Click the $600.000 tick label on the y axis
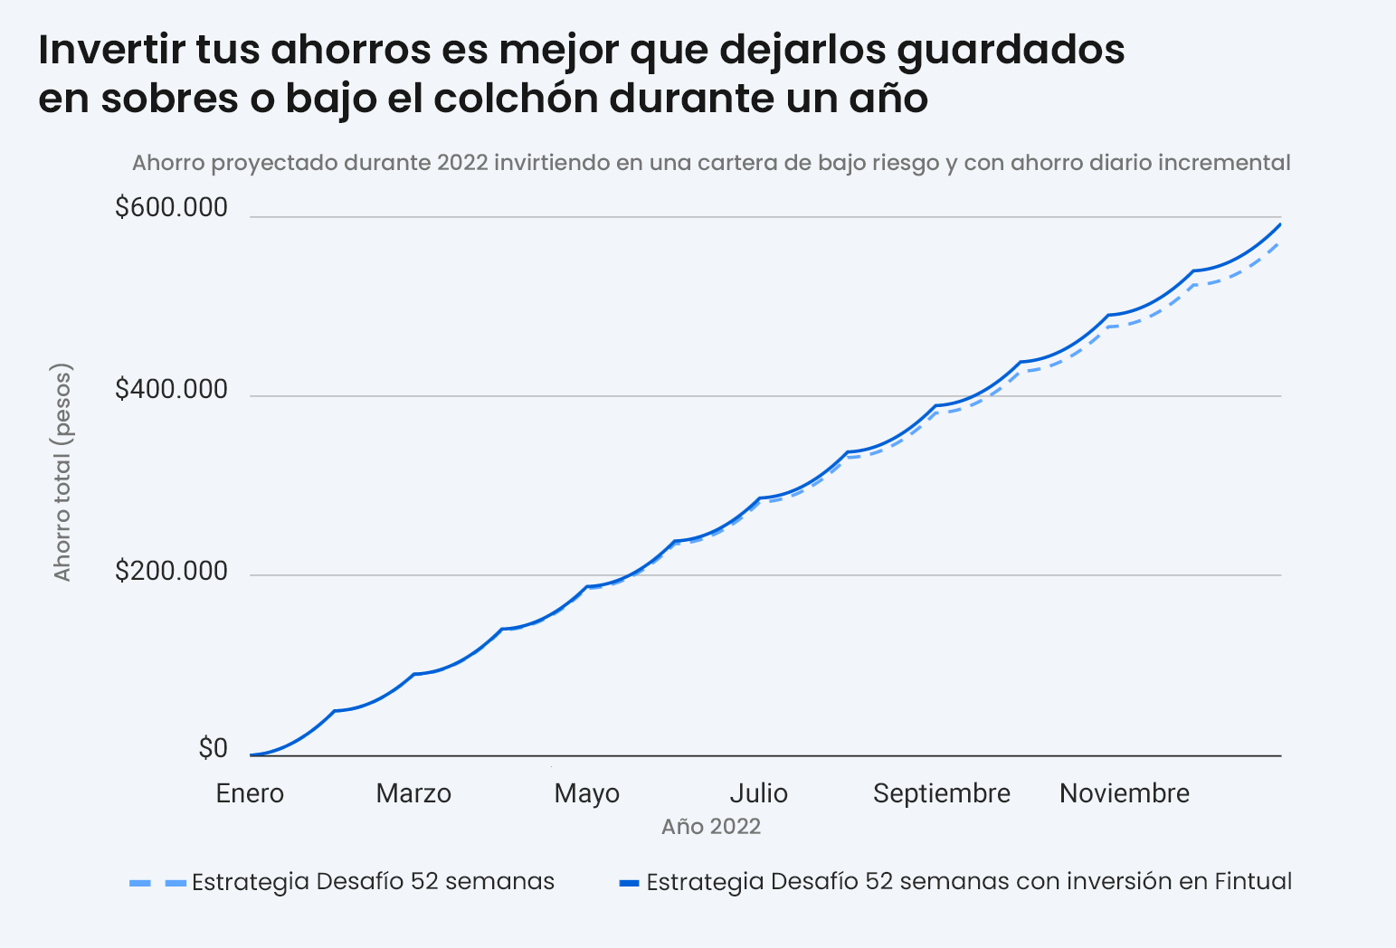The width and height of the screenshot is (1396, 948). point(171,208)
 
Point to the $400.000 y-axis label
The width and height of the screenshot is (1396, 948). point(171,390)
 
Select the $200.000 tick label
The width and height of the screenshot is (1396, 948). point(171,572)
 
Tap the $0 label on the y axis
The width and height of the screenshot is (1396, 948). point(213,749)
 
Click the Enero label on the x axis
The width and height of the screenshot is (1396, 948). point(250,794)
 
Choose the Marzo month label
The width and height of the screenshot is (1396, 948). point(413,794)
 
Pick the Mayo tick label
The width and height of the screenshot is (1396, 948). point(586,794)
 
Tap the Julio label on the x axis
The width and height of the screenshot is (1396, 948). point(758,794)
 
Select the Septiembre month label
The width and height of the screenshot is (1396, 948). point(941,794)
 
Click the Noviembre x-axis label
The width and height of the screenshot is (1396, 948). point(1125,794)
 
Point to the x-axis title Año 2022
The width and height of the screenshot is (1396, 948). point(710,827)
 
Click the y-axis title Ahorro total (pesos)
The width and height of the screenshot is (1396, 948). point(62,472)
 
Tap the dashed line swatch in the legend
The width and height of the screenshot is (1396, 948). point(157,882)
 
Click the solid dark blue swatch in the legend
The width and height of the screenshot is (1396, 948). point(629,882)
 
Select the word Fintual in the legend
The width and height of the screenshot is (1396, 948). point(1252,882)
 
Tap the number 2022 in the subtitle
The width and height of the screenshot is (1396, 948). point(461,163)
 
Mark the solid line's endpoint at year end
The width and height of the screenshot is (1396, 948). point(1280,224)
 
